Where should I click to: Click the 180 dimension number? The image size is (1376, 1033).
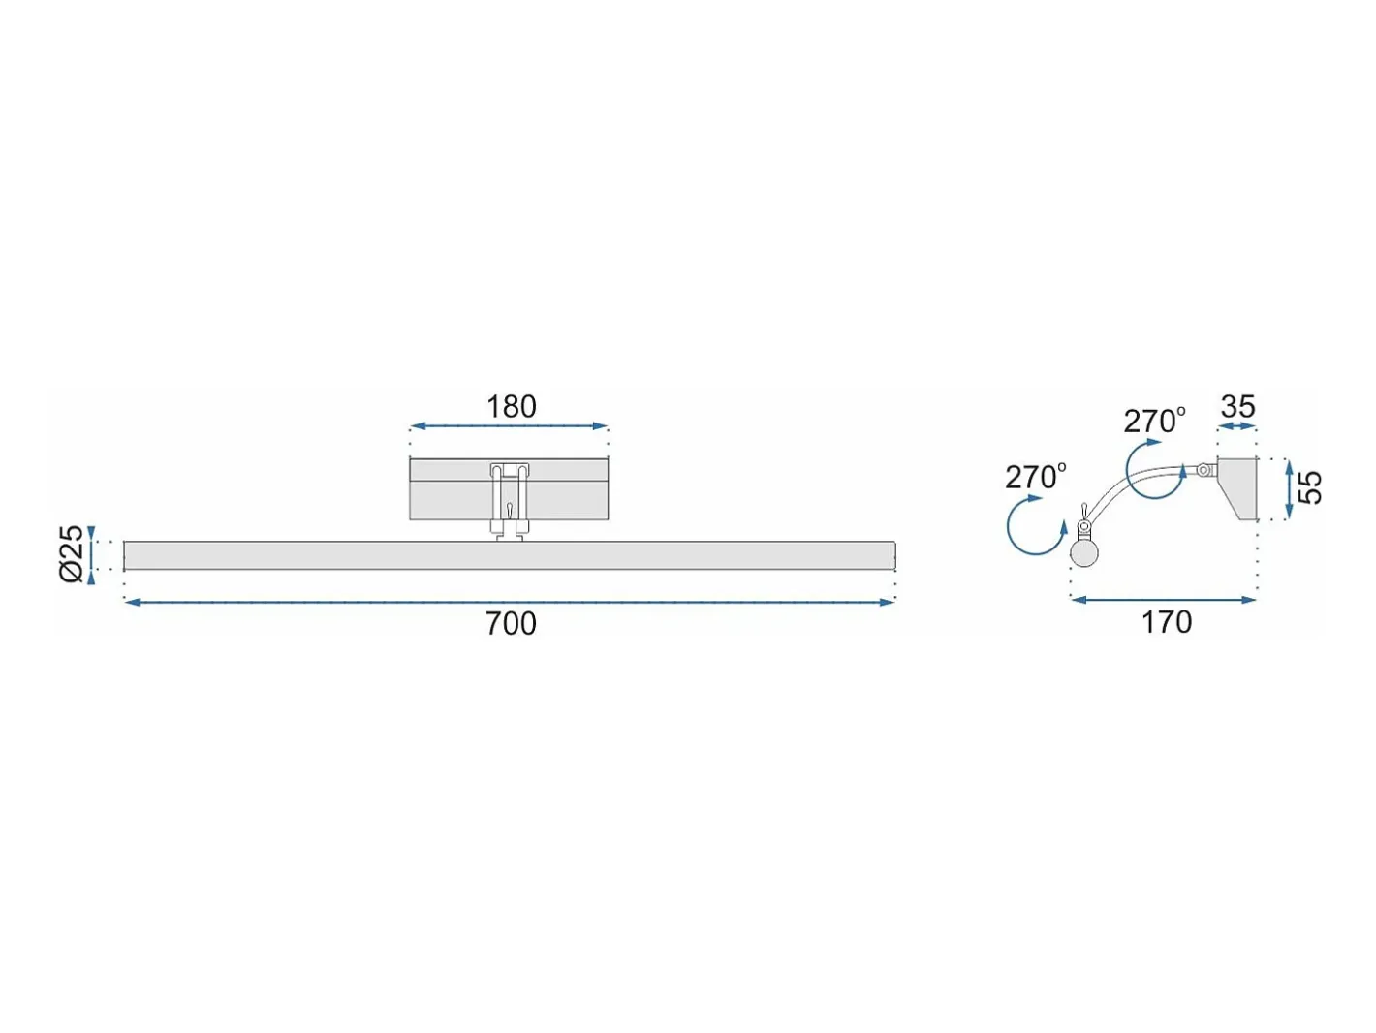tap(511, 407)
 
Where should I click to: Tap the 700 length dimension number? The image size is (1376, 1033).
tap(511, 624)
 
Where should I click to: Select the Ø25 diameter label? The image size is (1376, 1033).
tap(71, 554)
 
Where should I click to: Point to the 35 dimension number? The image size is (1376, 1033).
tap(1237, 406)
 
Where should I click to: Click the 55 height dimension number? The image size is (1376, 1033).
tap(1309, 487)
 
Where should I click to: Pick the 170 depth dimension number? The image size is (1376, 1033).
tap(1166, 622)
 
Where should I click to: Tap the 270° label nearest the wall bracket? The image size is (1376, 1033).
tap(1154, 422)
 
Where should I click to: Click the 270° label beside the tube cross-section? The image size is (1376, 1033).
tap(1036, 477)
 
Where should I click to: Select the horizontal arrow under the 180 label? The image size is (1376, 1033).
tap(509, 426)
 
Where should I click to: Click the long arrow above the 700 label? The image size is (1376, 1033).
tap(510, 603)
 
